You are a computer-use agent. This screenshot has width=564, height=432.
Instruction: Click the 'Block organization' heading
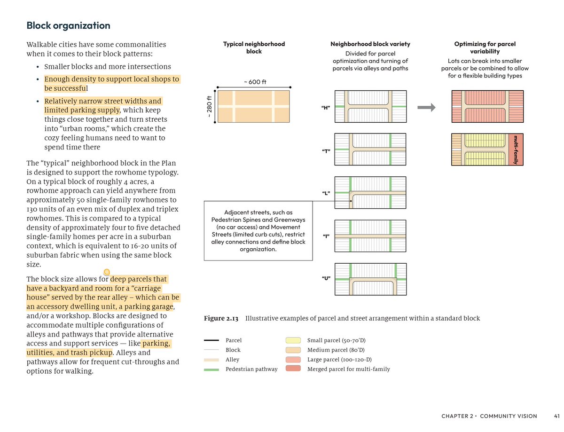68,26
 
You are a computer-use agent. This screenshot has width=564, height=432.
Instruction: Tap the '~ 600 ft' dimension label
255,82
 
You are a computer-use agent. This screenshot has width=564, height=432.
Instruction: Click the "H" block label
325,108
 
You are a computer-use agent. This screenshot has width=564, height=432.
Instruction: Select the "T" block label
325,151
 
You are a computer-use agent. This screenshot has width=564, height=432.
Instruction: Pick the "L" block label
325,194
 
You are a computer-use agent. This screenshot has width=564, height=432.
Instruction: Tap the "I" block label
325,236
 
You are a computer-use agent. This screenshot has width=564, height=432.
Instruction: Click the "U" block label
325,278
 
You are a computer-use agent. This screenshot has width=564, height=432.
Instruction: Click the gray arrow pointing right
426,108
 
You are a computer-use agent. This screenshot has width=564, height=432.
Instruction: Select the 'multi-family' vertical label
516,149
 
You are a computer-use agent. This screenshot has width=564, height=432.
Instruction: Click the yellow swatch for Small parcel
293,340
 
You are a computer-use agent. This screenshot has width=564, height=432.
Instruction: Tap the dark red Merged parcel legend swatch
293,369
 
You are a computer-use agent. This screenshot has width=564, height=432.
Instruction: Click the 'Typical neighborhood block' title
254,47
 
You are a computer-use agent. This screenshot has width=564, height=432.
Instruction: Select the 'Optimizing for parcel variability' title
485,47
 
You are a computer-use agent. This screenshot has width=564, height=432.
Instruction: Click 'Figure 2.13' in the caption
221,319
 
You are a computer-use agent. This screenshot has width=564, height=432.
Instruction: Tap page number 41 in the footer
556,416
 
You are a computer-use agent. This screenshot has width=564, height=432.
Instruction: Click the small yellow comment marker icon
107,271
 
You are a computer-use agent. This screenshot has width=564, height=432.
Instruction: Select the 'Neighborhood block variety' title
370,44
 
